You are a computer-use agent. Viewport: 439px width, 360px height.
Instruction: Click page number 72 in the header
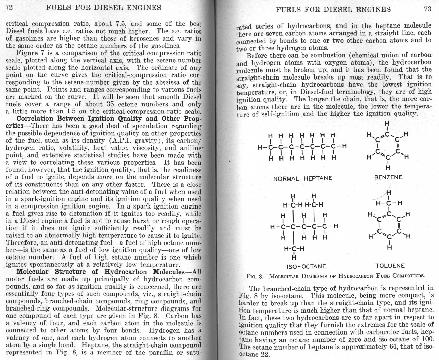tap(9, 7)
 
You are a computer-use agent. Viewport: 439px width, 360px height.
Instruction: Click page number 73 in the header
tap(428, 9)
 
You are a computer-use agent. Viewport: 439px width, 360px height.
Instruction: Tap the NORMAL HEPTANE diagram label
tap(303, 178)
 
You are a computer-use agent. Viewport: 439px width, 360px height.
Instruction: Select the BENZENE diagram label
tap(388, 177)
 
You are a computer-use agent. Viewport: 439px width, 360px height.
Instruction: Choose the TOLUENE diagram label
tap(390, 266)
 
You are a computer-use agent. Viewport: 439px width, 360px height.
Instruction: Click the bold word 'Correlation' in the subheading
tap(34, 119)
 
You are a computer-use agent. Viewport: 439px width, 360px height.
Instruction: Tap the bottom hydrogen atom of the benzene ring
tap(388, 168)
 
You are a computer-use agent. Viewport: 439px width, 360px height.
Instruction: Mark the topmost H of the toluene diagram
tap(389, 192)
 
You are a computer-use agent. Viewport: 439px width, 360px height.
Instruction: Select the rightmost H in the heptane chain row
tap(344, 146)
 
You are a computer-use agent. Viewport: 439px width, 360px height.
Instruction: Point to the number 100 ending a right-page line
tap(429, 339)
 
